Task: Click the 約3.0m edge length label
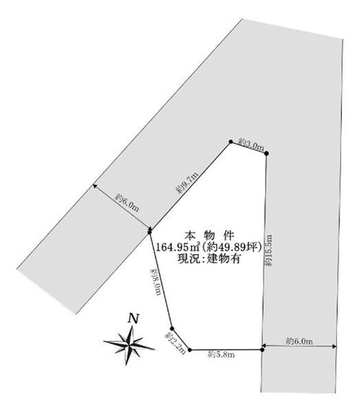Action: [251, 145]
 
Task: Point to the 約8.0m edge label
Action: [156, 281]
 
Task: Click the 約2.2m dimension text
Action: [175, 342]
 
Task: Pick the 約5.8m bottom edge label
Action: [221, 354]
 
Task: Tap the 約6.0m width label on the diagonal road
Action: [127, 202]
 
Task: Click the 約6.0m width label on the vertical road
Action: [300, 341]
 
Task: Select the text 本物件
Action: [209, 235]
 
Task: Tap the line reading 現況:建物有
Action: [209, 258]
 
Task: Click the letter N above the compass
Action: [133, 319]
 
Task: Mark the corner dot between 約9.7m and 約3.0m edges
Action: [230, 142]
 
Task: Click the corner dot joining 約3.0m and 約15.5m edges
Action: [266, 153]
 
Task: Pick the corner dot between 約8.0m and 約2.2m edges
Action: [172, 328]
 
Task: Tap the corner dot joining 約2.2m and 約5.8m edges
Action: [190, 350]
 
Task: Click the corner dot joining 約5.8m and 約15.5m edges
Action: [262, 350]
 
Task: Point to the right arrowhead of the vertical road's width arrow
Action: [334, 346]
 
